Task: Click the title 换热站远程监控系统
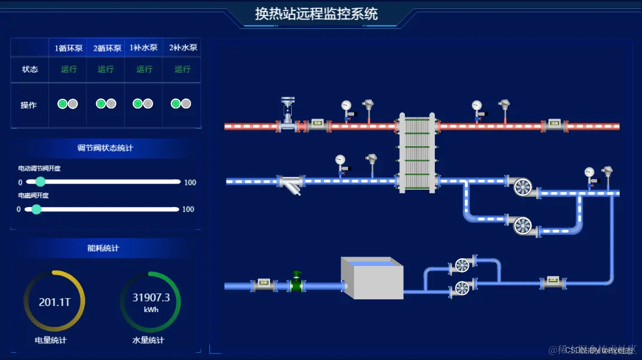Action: click(316, 13)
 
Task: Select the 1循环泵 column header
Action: click(68, 48)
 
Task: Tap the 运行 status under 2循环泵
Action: click(106, 70)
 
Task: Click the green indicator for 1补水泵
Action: click(138, 103)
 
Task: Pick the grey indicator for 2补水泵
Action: click(186, 103)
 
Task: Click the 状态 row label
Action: click(30, 70)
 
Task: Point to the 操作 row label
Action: click(28, 105)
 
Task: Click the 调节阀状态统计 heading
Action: click(105, 148)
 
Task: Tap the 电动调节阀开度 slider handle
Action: click(40, 181)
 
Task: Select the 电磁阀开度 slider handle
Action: click(36, 209)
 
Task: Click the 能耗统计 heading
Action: click(103, 248)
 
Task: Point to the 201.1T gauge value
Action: click(54, 302)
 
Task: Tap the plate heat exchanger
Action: click(416, 152)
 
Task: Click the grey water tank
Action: click(371, 278)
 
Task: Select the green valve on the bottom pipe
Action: click(297, 283)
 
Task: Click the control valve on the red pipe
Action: click(287, 114)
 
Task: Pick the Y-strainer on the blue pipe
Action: click(293, 185)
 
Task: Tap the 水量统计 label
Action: click(148, 340)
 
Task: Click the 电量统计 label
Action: click(51, 340)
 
